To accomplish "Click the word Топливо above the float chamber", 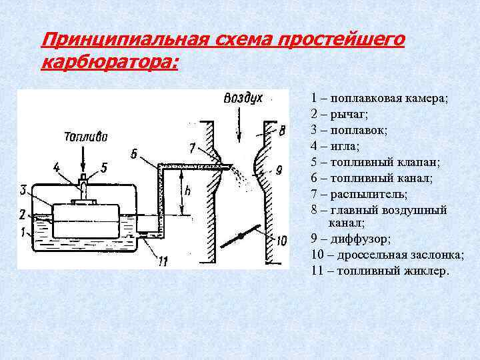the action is [85, 139].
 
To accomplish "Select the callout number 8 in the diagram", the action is [282, 129].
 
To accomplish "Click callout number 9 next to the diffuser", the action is [279, 168].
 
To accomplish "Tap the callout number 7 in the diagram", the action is [192, 147].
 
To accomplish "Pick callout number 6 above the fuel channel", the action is [135, 154].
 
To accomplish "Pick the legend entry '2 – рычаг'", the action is [339, 114].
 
